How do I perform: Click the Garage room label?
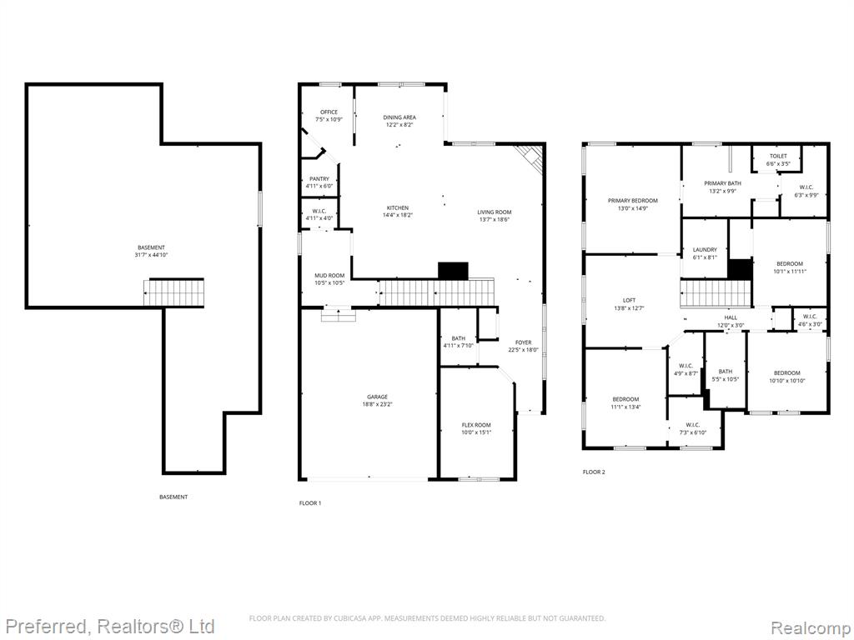[x=378, y=397]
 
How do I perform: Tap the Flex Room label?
[x=476, y=425]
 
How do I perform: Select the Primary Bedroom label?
[x=633, y=201]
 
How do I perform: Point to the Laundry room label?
[x=705, y=250]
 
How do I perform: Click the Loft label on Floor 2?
[x=629, y=300]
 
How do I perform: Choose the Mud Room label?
[x=329, y=276]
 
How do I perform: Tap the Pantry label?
[x=319, y=179]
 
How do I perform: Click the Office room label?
[x=329, y=112]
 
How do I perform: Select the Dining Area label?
[x=399, y=117]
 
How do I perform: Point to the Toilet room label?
[x=778, y=156]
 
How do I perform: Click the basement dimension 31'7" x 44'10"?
[x=152, y=255]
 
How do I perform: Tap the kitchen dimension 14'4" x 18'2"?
[x=398, y=215]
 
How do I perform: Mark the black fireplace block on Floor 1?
[x=453, y=271]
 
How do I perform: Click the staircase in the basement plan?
[x=174, y=292]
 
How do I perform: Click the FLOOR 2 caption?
[x=594, y=472]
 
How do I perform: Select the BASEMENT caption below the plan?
[x=173, y=497]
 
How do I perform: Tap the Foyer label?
[x=524, y=342]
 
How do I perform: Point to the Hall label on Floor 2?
[x=731, y=317]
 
